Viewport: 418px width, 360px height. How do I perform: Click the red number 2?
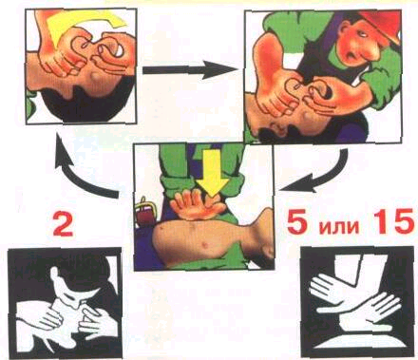pyautogui.click(x=64, y=225)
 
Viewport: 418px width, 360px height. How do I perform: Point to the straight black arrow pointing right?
pyautogui.click(x=189, y=69)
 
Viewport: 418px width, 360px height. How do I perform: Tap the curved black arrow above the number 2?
pyautogui.click(x=83, y=171)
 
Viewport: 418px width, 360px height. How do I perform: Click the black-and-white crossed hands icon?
pyautogui.click(x=357, y=302)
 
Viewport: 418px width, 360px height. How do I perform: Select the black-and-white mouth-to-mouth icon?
pyautogui.click(x=65, y=303)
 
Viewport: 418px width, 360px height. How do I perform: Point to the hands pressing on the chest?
pyautogui.click(x=198, y=205)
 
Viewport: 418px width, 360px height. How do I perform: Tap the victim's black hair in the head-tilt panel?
pyautogui.click(x=88, y=102)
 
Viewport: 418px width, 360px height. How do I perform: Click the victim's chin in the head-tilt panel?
pyautogui.click(x=94, y=76)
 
